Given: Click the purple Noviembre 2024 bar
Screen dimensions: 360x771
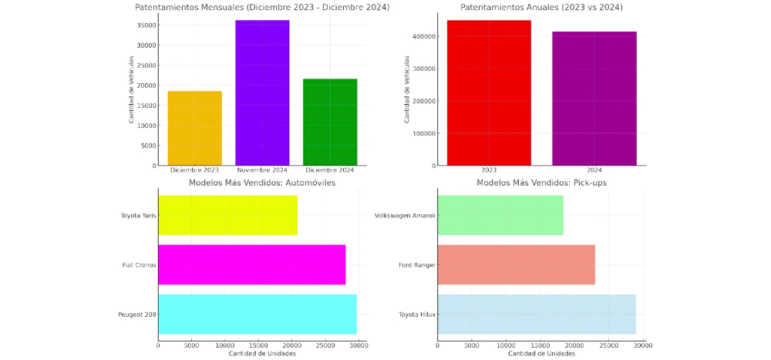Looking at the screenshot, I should coord(263,93).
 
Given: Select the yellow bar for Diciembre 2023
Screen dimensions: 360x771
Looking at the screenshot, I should coord(195,128).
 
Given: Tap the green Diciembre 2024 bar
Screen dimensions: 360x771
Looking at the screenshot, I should coord(331,122).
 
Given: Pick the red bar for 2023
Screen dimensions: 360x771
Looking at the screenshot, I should coord(489,93).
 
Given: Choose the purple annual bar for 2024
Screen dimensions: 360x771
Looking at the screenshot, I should coord(594,99).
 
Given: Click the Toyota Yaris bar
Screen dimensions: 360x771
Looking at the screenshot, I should coord(227,215).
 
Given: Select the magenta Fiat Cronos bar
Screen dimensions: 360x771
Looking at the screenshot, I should coord(251,264).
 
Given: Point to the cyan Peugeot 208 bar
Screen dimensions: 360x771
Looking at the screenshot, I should coord(258,314).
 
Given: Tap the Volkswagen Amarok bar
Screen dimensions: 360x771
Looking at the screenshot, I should coord(500,215).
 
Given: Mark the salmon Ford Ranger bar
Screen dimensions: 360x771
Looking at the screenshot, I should coord(516,264).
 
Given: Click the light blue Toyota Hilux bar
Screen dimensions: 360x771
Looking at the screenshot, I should coord(537,314).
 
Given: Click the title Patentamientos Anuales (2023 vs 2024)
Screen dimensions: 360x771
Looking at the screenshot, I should coord(541,7).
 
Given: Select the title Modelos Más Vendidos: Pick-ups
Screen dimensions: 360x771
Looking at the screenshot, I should coord(541,183).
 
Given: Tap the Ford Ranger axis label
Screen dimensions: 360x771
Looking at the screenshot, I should coord(417,264).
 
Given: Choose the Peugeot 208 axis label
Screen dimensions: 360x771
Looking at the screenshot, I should coord(136,315).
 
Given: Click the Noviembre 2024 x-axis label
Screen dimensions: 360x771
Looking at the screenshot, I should coord(263,170).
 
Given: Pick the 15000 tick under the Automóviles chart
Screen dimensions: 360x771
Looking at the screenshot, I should coord(258,345).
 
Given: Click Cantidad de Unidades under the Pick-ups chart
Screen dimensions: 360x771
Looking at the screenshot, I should coord(541,354).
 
